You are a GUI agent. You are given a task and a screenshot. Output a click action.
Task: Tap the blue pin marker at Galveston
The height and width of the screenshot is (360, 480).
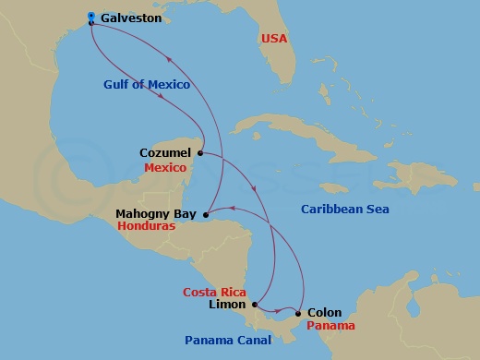(x=91, y=17)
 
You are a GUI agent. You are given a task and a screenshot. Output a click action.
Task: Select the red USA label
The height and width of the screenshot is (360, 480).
(x=274, y=39)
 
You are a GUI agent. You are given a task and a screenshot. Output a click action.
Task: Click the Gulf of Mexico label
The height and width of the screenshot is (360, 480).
(x=146, y=85)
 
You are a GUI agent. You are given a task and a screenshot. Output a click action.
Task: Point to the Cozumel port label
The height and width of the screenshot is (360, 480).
(x=165, y=151)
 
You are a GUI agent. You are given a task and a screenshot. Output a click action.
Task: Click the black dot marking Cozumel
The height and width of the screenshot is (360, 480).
(x=200, y=153)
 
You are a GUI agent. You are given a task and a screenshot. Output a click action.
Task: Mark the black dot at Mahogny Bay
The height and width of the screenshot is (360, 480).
(x=204, y=216)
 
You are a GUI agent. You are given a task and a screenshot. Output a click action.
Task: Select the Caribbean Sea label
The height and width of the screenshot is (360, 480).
(x=345, y=210)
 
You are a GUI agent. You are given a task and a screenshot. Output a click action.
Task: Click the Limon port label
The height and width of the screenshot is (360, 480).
(x=228, y=305)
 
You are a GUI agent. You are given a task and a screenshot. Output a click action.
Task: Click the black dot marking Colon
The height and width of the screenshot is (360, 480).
(x=297, y=314)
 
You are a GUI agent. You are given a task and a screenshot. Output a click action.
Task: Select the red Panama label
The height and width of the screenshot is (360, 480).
(x=330, y=327)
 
